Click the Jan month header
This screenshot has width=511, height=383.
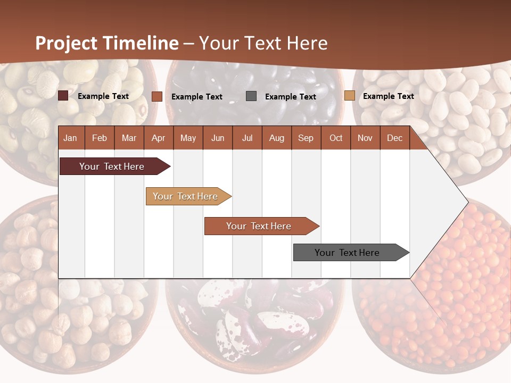[x=70, y=138]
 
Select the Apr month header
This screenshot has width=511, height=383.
[x=159, y=138]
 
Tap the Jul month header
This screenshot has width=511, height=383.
[x=247, y=138]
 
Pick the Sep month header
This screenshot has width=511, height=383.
[x=306, y=138]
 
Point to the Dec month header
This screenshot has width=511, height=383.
[x=394, y=138]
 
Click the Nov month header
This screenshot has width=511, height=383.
[x=365, y=138]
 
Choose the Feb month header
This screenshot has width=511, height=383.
[x=100, y=138]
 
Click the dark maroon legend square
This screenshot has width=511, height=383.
[x=63, y=96]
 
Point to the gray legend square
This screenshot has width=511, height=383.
[x=251, y=96]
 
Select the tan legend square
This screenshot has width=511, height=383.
[x=349, y=96]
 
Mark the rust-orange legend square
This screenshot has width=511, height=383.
[x=156, y=96]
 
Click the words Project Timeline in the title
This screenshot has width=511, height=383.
[x=106, y=43]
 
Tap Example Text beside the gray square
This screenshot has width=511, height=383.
[x=291, y=97]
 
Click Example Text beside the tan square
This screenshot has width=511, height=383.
[x=388, y=96]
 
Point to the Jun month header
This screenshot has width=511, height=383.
[x=218, y=138]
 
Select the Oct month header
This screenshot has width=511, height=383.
[x=336, y=138]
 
